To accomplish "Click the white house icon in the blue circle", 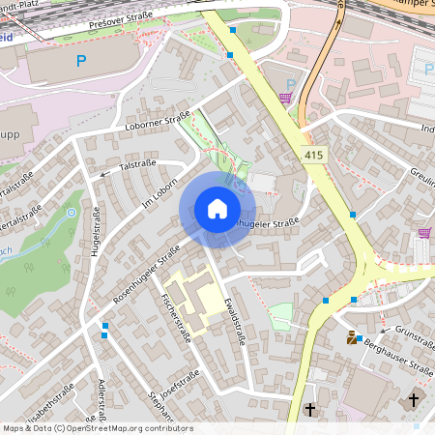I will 217,209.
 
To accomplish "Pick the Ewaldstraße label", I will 231,320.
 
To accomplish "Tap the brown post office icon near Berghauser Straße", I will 351,338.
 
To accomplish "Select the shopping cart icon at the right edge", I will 424,232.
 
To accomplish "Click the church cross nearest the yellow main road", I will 310,410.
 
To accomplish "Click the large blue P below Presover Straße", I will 80,62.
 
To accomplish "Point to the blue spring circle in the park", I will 71,212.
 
